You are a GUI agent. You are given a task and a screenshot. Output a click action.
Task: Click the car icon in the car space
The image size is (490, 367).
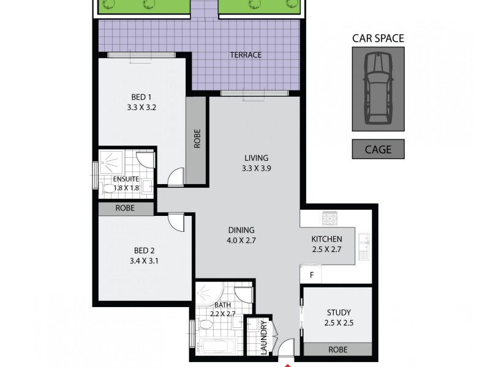378,89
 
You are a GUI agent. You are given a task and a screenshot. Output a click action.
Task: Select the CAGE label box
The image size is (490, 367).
378,149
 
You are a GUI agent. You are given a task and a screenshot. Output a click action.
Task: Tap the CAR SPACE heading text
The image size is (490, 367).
378,39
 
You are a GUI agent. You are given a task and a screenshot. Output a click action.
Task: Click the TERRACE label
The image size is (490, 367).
246,55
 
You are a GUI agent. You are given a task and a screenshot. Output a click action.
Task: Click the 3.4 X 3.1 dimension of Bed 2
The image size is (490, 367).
145,261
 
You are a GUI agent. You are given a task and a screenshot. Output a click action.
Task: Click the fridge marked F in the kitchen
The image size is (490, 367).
311,275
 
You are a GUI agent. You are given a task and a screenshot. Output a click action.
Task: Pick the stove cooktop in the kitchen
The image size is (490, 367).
331,218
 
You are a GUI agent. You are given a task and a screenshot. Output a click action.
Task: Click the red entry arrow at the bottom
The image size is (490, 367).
288,365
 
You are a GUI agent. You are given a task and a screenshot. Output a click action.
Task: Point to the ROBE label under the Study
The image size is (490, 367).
337,350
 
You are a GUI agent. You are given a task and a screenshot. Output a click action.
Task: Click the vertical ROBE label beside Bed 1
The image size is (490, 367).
197,140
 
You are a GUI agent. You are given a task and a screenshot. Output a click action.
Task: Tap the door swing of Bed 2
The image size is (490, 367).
175,221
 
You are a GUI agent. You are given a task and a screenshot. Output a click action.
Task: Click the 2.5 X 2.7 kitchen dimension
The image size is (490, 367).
326,249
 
